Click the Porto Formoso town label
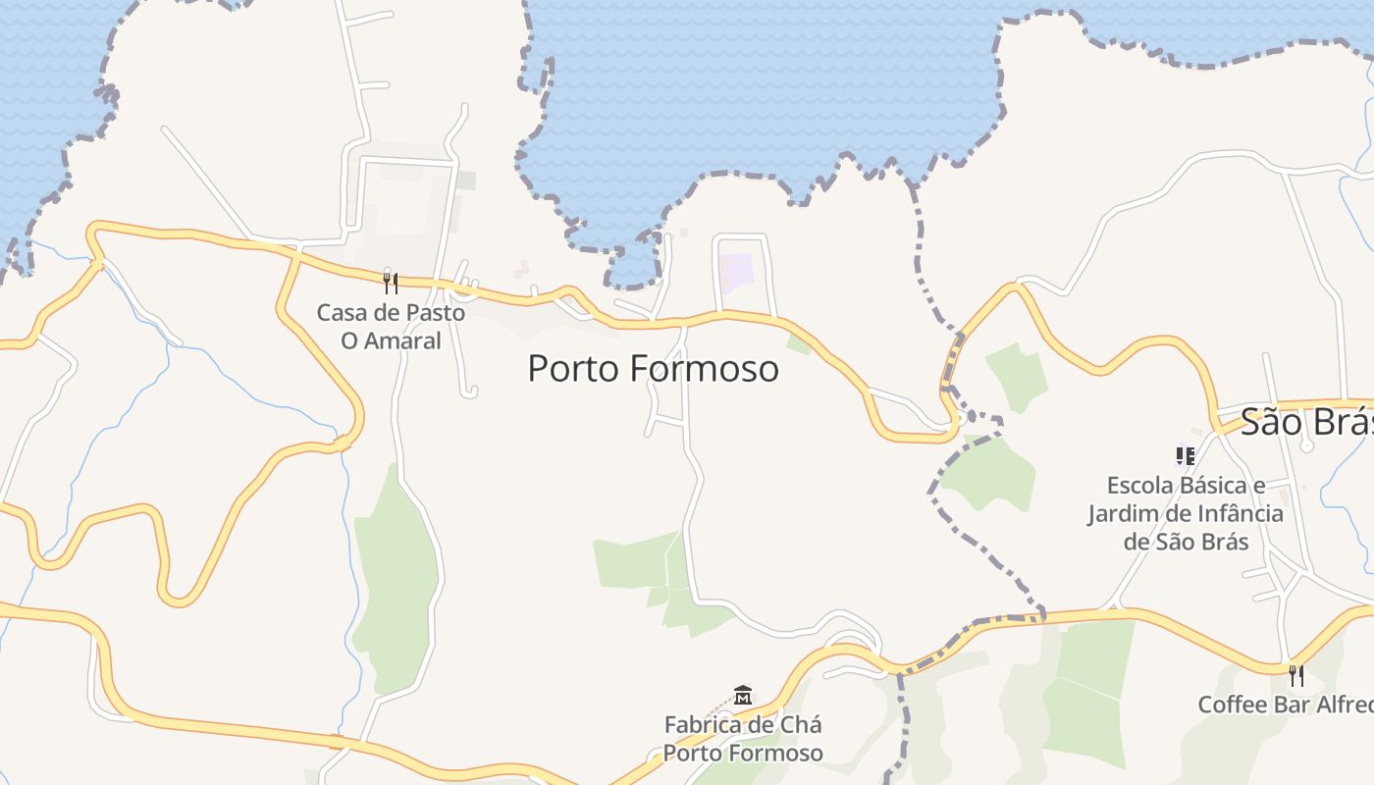pos(653,369)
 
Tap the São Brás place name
pos(1305,422)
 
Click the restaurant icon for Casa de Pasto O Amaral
pos(391,284)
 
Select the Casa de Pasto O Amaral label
pos(391,327)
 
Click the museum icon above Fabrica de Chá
pos(743,696)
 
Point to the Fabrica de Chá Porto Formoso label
pos(743,739)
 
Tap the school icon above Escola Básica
pos(1185,455)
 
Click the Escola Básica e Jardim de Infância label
pos(1185,513)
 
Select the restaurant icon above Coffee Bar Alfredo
pos(1295,675)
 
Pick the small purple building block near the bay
pos(737,271)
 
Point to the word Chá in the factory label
pos(802,725)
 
